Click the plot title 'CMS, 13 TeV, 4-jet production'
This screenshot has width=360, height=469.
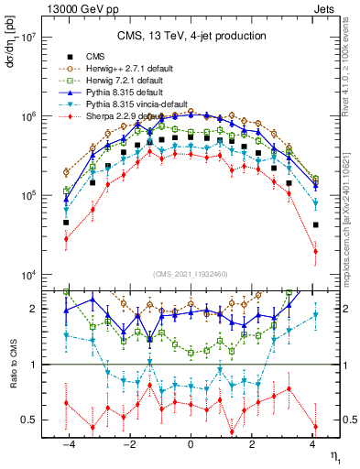click(191, 36)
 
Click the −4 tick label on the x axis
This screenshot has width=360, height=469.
click(67, 444)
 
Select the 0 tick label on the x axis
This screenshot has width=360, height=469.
click(191, 444)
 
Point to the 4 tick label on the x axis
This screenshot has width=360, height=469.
click(313, 444)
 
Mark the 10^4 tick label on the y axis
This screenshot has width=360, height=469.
click(28, 276)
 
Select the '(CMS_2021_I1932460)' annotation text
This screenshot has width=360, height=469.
click(191, 274)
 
